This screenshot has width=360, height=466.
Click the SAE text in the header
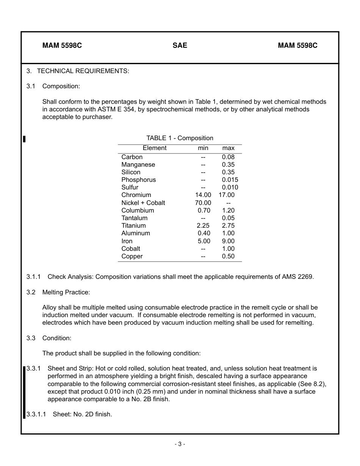point(180,45)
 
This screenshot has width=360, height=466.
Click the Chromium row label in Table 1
point(136,195)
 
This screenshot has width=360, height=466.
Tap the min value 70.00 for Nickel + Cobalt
point(203,203)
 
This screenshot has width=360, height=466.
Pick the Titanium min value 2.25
point(203,225)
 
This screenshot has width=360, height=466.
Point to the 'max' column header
point(228,148)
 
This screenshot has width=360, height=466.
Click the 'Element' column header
point(154,148)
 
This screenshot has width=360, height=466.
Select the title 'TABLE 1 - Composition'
point(180,138)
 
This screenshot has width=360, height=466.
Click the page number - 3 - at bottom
point(180,444)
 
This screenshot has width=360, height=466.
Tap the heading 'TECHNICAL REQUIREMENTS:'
point(83,71)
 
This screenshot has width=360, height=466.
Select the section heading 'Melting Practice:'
point(66,292)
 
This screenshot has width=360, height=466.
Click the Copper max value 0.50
point(228,256)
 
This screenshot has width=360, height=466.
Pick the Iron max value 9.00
point(228,241)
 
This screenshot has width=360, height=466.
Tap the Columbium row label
point(138,210)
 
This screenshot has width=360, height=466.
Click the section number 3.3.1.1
point(36,414)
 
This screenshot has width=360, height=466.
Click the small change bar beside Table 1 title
point(24,139)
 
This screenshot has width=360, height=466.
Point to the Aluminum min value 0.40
point(204,233)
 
